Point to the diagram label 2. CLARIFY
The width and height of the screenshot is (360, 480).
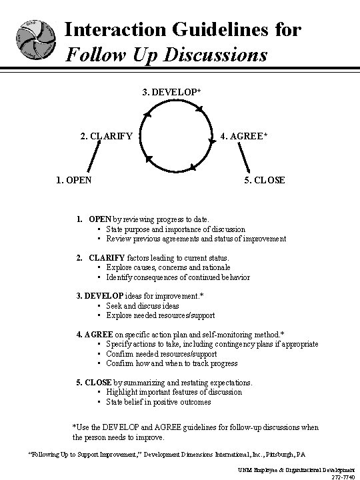pos(107,137)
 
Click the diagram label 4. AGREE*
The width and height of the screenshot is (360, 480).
pos(244,137)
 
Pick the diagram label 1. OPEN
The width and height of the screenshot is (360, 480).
pos(74,179)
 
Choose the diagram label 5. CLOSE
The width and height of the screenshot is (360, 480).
pos(264,179)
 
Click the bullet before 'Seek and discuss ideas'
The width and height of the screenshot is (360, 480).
pos(98,306)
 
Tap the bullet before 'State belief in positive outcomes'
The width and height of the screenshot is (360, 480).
pos(98,402)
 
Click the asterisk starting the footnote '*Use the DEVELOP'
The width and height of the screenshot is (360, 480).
pos(73,427)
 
